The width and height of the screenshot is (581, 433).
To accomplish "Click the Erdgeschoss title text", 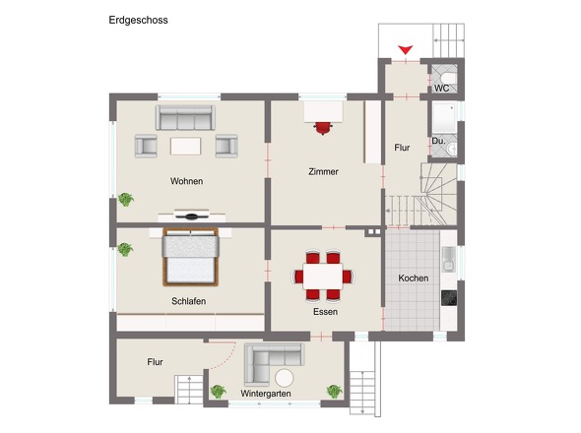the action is click(138, 20).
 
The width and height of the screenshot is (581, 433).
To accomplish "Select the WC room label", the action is click(442, 89).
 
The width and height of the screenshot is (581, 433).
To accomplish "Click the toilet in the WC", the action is click(449, 78).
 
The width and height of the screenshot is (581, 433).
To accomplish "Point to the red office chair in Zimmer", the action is click(323, 128).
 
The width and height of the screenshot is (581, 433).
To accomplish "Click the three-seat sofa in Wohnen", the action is click(185, 117).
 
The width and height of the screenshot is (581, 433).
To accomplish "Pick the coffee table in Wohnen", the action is click(186, 146).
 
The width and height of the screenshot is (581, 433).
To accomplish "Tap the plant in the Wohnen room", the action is click(126, 200).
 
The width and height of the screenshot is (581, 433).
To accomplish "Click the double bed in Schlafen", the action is click(190, 257).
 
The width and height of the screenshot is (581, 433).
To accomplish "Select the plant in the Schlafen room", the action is click(125, 250).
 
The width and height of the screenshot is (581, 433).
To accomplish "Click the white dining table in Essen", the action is click(323, 276).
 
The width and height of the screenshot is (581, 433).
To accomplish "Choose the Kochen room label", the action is click(414, 278).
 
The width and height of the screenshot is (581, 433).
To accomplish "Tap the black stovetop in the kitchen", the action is click(449, 298).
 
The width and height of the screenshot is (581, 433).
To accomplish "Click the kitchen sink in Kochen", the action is click(449, 259).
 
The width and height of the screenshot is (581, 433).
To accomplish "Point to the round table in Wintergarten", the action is click(285, 379).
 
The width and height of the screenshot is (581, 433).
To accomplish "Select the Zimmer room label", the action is click(323, 171).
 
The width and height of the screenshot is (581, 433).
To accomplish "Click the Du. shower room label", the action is click(438, 141).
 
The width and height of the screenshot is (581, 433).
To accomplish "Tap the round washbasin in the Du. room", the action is click(452, 150).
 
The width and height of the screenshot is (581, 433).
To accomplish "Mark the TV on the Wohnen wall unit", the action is click(192, 216).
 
